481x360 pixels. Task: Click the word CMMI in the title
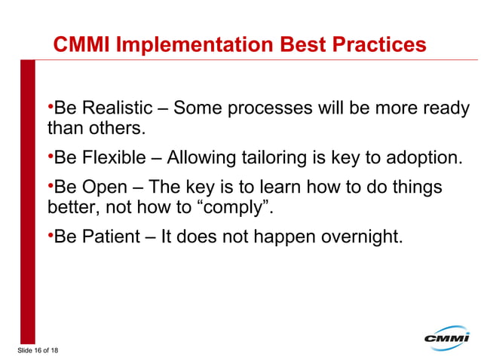(x=81, y=45)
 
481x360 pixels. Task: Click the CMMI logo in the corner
(x=446, y=338)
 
